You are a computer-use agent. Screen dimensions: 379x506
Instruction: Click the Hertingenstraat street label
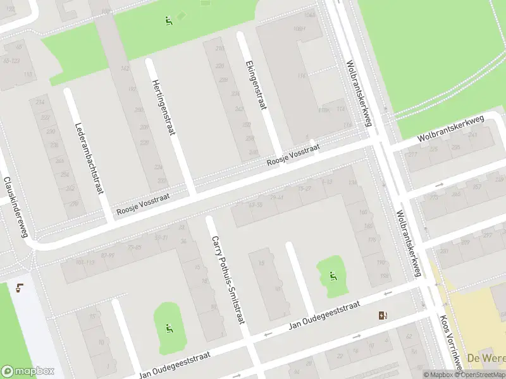point(161,107)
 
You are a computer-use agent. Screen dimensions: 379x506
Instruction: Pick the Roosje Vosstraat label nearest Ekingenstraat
point(293,155)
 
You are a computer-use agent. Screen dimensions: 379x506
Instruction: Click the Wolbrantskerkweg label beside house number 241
point(450,129)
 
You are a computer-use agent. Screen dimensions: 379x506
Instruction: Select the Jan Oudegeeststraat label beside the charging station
point(324,315)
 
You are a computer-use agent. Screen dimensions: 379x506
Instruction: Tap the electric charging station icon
point(383,316)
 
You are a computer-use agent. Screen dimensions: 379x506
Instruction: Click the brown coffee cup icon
point(20,288)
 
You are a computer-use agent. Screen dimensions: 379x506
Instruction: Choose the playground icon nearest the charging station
point(333,275)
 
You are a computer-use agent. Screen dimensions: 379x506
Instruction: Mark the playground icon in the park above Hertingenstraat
point(168,21)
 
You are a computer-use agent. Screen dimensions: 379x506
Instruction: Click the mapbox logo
point(28,371)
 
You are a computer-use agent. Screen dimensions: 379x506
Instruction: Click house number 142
point(125,69)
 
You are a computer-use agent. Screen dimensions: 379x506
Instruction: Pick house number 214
point(41,102)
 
